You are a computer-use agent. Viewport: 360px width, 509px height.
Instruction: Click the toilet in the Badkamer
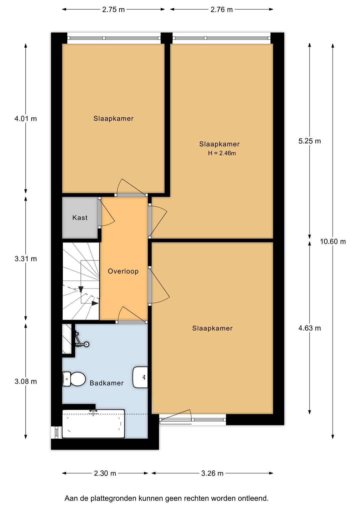(x=74, y=379)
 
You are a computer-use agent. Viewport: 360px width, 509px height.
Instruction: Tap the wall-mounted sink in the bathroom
(x=140, y=377)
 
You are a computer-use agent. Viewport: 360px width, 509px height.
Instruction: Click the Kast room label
(x=80, y=218)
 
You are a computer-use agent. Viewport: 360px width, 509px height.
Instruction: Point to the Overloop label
(x=123, y=271)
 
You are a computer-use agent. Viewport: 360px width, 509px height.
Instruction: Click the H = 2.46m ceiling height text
(x=222, y=153)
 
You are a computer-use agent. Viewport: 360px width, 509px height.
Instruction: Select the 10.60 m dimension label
(x=333, y=241)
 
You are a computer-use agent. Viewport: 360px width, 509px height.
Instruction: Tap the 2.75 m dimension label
(x=113, y=10)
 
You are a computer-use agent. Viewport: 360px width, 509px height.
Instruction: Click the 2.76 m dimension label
(x=221, y=10)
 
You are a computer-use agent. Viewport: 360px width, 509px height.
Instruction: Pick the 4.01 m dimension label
(x=26, y=119)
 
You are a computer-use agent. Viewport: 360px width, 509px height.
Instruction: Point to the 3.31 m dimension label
(x=26, y=259)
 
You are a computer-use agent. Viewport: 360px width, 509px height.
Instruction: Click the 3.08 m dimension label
(x=26, y=381)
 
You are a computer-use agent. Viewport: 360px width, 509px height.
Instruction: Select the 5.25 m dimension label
(x=310, y=141)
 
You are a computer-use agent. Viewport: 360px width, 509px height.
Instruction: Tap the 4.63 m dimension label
(x=310, y=328)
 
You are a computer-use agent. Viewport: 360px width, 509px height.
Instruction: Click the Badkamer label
(x=107, y=383)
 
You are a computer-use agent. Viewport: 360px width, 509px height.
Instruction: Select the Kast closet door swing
(x=107, y=212)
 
